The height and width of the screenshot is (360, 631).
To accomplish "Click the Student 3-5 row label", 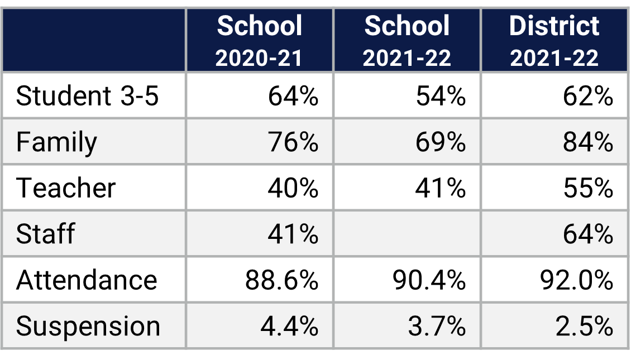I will pos(88,96).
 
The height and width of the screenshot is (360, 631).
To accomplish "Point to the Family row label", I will pos(56,142).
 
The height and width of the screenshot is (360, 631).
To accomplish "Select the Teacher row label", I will pos(66,188).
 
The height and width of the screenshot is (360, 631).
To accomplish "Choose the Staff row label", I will pos(45,233).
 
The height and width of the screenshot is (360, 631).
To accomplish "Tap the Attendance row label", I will pos(87,280).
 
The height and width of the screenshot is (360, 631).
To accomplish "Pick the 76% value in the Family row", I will pos(293,142).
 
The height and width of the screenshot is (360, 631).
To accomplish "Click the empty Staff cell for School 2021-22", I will pos(407,233).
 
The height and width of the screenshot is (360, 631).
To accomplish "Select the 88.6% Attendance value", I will pos(281,280).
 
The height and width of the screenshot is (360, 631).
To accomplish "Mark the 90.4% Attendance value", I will pos(429,280).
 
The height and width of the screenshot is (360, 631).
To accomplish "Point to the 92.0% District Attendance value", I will pos(576,280).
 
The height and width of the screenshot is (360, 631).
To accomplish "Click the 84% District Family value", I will pos(587,142).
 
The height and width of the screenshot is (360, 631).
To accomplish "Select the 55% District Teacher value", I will pos(587,188).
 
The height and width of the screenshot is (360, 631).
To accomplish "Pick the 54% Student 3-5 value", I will pos(440,96).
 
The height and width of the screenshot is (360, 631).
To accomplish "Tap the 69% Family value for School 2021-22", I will pos(440,142).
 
